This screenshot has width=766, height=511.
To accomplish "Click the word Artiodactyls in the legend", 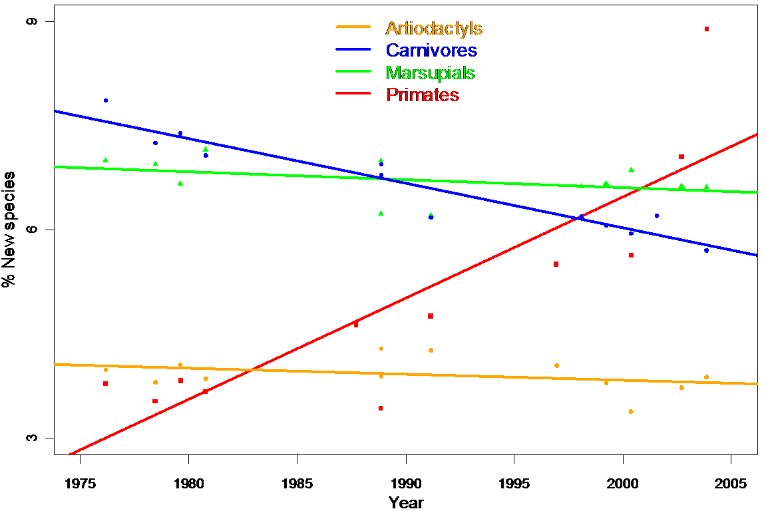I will (x=434, y=29).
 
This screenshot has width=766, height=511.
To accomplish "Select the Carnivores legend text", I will (x=431, y=51).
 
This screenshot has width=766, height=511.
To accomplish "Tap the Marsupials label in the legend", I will (x=431, y=73).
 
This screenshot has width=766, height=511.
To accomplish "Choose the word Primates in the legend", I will (x=423, y=94).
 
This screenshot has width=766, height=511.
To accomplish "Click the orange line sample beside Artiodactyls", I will (x=353, y=27).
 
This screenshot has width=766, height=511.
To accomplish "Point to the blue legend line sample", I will (x=353, y=49).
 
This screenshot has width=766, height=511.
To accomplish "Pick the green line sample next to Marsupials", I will (x=353, y=71).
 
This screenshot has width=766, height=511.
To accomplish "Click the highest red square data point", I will (x=707, y=29).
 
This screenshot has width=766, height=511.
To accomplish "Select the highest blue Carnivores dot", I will (x=105, y=100).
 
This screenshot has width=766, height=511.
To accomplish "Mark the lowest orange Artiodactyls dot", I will (x=631, y=412).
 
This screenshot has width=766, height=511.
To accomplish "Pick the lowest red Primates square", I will (x=381, y=409).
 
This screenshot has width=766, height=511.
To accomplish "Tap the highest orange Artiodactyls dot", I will (x=381, y=349).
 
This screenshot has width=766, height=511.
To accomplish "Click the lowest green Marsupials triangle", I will (x=431, y=215).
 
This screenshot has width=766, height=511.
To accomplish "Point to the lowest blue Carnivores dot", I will (x=707, y=250).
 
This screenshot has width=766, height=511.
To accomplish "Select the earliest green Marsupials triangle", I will (x=105, y=160).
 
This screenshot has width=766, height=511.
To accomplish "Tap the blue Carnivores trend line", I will (x=266, y=154).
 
